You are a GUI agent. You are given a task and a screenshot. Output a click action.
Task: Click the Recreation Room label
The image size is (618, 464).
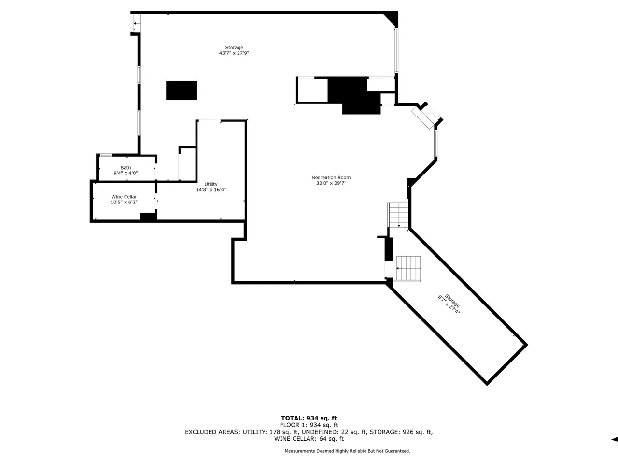pos(331,177)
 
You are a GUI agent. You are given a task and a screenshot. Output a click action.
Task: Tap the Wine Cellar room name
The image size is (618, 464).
pos(124,197)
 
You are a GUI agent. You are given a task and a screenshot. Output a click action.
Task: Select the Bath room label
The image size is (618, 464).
pos(126,168)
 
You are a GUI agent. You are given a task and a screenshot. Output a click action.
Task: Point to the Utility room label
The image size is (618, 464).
pos(211,184)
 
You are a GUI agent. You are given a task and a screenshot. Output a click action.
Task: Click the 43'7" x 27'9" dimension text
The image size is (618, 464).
pos(234,53)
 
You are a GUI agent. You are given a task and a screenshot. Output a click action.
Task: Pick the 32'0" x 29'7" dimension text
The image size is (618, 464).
pos(331,183)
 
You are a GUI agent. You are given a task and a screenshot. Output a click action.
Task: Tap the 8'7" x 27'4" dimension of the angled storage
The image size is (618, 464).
pos(449,305)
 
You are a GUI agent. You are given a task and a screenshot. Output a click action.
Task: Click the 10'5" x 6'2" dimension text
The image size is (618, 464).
pos(124,202)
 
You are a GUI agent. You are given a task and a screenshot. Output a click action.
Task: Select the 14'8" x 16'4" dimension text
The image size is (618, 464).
pos(211,189)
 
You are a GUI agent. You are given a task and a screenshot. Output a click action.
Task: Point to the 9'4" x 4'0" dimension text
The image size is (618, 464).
pos(126,173)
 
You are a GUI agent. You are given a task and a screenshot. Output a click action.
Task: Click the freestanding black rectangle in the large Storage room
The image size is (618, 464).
pos(182,90)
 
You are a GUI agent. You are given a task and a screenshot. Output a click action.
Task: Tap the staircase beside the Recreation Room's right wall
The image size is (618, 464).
pos(398,215)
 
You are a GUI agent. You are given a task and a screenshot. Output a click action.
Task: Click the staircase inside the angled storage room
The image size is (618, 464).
pos(408,269)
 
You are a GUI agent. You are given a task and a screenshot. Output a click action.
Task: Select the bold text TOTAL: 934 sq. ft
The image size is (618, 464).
pos(309,418)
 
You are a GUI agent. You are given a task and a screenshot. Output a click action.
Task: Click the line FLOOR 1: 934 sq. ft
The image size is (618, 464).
pos(309,425)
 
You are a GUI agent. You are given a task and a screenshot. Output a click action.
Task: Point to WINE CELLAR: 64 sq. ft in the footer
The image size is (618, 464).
pos(309,439)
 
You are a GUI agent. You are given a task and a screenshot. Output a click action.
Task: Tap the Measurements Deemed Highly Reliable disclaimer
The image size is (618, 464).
pos(348,451)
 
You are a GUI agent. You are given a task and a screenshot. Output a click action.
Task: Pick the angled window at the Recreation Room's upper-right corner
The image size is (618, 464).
pos(426,116)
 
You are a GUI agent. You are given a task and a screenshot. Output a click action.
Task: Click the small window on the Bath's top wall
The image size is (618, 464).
pos(106,155)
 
